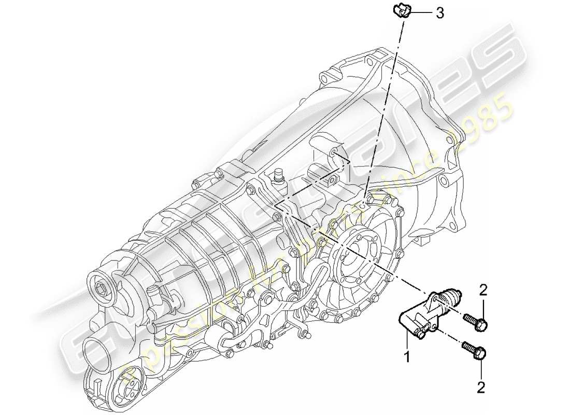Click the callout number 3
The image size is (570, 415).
[439, 13]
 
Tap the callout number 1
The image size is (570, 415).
[408, 357]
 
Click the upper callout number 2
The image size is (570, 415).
[483, 290]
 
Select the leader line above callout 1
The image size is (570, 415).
[408, 342]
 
